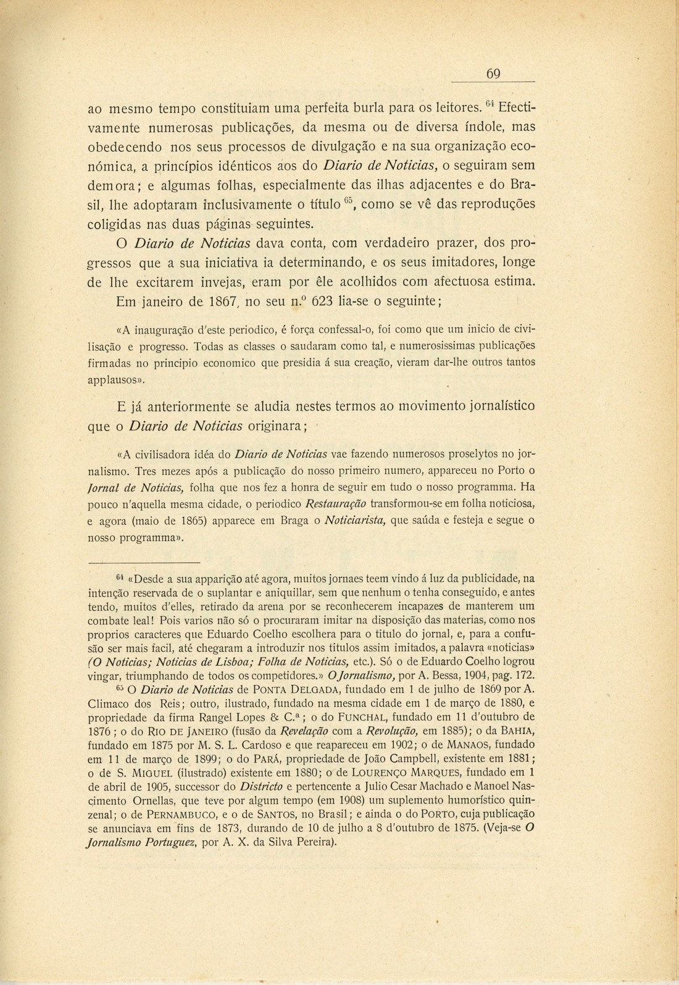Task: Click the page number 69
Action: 493,74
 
